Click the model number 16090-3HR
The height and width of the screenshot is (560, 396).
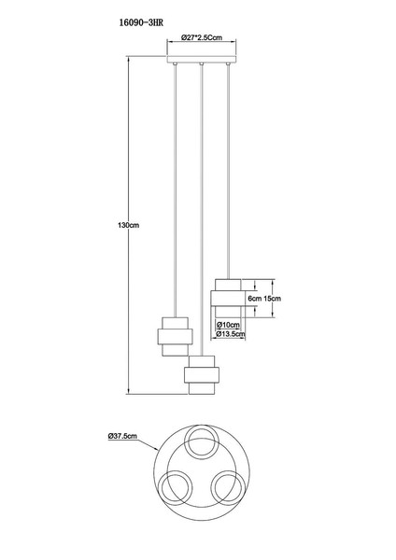pyautogui.click(x=141, y=22)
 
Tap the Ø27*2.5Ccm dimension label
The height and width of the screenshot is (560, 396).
pyautogui.click(x=202, y=36)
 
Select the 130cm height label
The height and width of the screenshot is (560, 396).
pyautogui.click(x=128, y=225)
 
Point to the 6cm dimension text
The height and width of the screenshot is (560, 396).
pyautogui.click(x=255, y=299)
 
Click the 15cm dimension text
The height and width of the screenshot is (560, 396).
pyautogui.click(x=273, y=299)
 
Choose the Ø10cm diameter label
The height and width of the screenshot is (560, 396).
pyautogui.click(x=228, y=325)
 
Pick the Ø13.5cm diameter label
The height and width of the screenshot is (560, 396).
pyautogui.click(x=231, y=334)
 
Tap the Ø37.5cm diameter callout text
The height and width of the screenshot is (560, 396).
pyautogui.click(x=122, y=436)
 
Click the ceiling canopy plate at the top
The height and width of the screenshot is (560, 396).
pyautogui.click(x=202, y=60)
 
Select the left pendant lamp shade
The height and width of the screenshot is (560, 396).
pyautogui.click(x=176, y=336)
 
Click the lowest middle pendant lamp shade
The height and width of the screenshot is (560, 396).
pyautogui.click(x=202, y=375)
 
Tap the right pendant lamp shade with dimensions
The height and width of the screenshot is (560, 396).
pyautogui.click(x=228, y=298)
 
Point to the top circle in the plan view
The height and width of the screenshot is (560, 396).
pyautogui.click(x=201, y=441)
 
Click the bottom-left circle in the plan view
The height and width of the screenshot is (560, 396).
pyautogui.click(x=176, y=487)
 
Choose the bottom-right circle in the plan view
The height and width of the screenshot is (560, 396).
pyautogui.click(x=228, y=487)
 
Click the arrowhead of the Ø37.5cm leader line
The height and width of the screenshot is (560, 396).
pyautogui.click(x=157, y=449)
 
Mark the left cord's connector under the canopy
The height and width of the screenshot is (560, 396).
pyautogui.click(x=175, y=64)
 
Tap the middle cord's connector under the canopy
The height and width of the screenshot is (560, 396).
pyautogui.click(x=202, y=64)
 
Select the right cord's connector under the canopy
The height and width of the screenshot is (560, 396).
pyautogui.click(x=228, y=64)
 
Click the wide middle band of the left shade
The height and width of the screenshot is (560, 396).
pyautogui.click(x=176, y=336)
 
